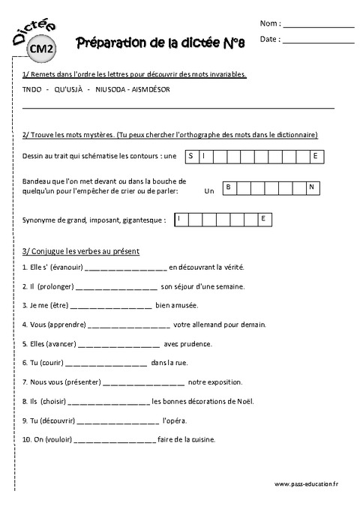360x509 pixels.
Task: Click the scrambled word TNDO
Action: click(x=32, y=90)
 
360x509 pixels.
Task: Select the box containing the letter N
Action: click(x=310, y=187)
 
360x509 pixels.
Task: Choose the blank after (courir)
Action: click(x=106, y=364)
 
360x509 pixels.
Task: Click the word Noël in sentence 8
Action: click(x=245, y=401)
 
